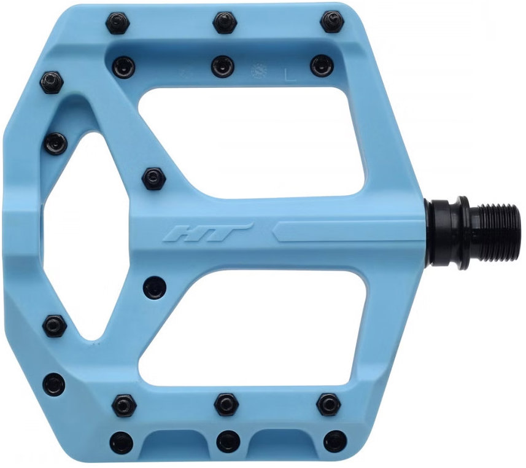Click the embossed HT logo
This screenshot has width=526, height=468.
(206, 232)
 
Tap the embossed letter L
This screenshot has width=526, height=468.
(290, 75)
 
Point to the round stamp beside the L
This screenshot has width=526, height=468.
(259, 70)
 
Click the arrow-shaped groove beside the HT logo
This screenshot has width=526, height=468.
(349, 231)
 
